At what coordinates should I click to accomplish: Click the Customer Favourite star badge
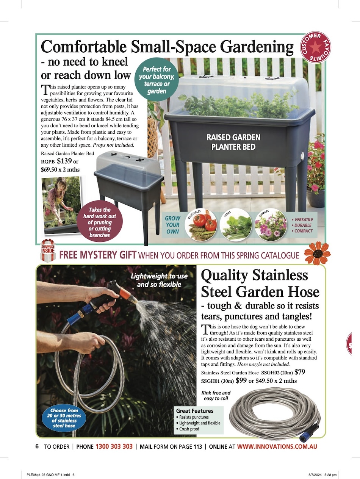point(315,47)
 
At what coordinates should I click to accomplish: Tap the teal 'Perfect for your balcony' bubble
point(157,80)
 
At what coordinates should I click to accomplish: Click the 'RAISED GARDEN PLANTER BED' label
point(233,142)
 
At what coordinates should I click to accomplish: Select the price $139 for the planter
point(64,161)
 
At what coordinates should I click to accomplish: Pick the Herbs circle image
point(236,225)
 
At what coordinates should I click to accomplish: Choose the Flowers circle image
point(271,225)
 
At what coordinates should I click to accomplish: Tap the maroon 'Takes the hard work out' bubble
point(99,222)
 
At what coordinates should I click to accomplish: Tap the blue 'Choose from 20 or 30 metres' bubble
point(64,418)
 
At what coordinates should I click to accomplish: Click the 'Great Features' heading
point(195,411)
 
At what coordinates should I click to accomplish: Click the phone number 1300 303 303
point(114,446)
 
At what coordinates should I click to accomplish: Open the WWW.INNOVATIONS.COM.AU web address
point(277,446)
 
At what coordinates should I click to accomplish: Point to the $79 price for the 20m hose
point(300,372)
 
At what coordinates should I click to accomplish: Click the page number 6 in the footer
point(37,446)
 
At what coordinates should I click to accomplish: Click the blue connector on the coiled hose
point(307,433)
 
